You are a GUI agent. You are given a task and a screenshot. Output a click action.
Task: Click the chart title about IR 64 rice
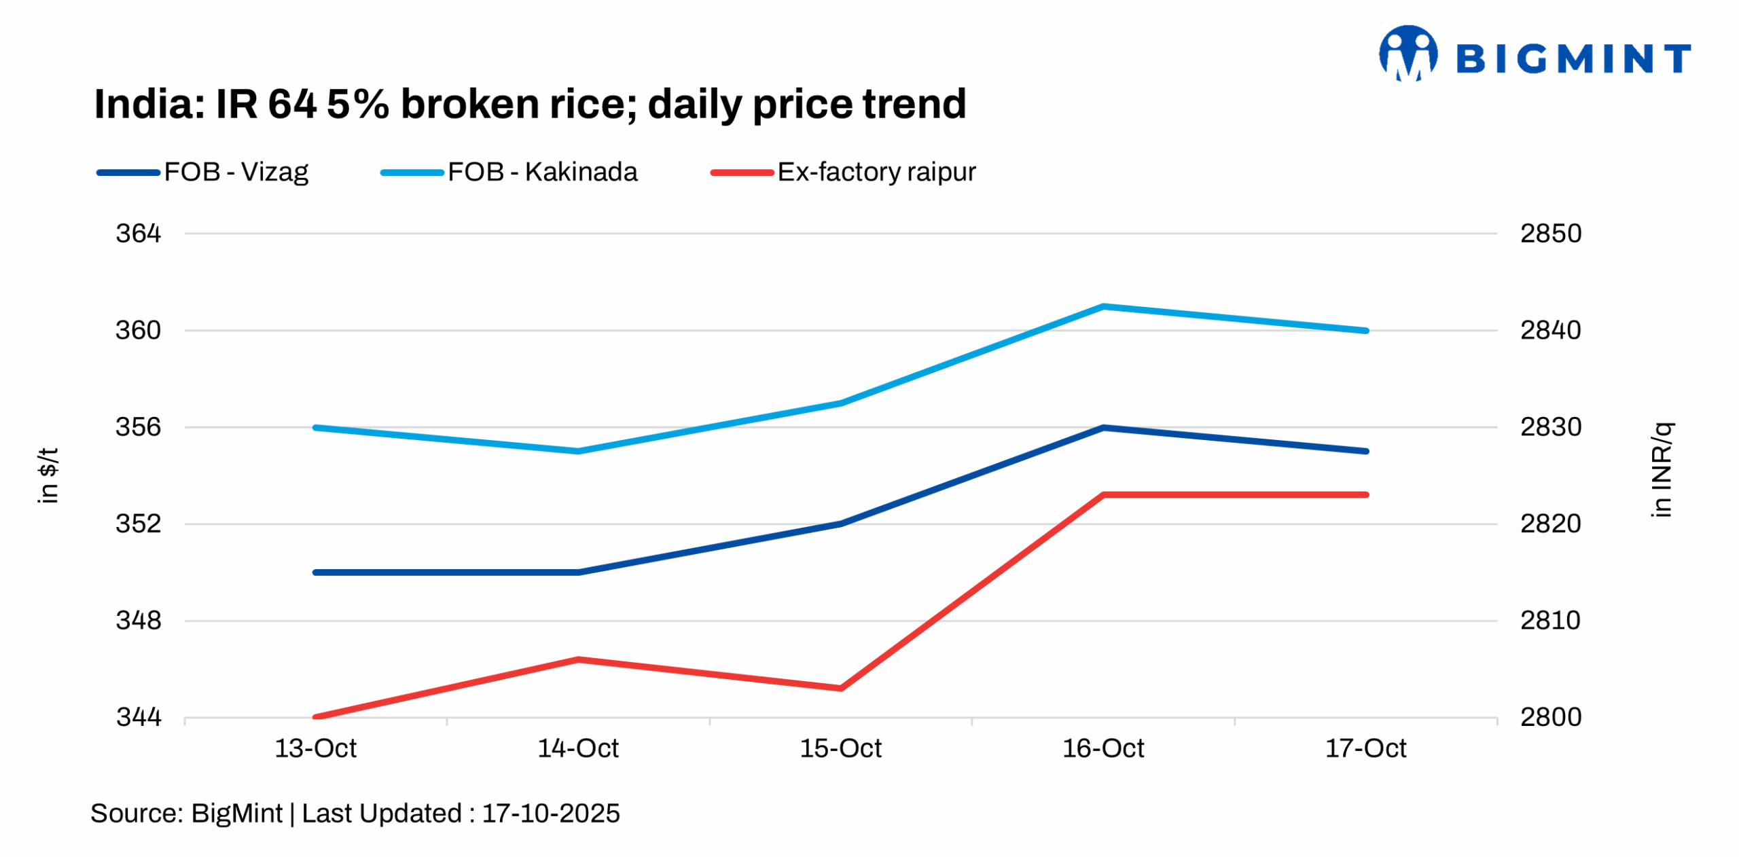[529, 104]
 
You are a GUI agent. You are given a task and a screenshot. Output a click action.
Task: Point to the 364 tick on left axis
[138, 234]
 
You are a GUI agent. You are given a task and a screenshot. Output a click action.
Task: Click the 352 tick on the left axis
[138, 524]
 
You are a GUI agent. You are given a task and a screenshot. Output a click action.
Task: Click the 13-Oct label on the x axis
[315, 748]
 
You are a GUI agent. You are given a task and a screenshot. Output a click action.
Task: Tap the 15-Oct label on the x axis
[840, 748]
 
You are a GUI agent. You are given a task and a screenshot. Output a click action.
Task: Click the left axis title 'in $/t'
[48, 475]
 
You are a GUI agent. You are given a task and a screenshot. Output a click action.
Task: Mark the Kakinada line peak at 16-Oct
[1104, 306]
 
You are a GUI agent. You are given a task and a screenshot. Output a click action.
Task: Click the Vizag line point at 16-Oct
[1104, 427]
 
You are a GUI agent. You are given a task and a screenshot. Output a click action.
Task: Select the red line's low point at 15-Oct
[841, 688]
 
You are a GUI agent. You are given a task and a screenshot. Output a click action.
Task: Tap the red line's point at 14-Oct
[578, 659]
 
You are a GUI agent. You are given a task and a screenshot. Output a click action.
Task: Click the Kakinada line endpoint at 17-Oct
[1365, 331]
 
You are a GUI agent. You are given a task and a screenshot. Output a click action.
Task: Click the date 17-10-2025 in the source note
[550, 814]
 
